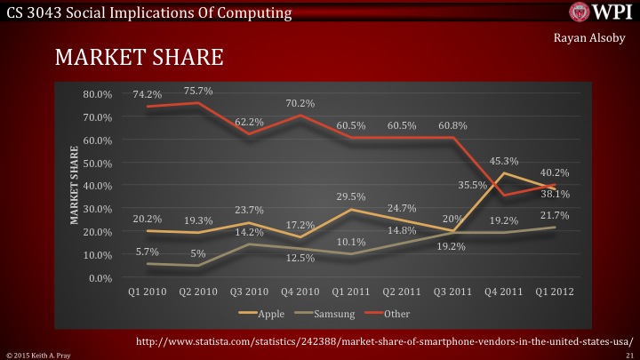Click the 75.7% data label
199,90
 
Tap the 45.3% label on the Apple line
504,161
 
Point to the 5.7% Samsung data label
147,252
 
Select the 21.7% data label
556,215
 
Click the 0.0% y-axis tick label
100,278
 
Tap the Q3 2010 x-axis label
251,292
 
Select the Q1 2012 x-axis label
555,292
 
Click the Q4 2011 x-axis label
504,292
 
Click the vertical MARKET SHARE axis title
75,187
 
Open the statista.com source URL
383,340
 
